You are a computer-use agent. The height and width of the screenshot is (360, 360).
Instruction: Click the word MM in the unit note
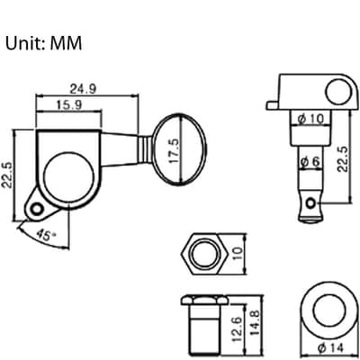(66, 43)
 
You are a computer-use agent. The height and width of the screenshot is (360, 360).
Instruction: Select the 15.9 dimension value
(69, 104)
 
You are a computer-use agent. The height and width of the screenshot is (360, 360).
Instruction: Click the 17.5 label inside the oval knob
(174, 150)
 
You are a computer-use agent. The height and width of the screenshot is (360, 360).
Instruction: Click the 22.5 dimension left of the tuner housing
(6, 175)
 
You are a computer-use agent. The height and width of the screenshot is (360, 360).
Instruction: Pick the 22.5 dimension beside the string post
(342, 159)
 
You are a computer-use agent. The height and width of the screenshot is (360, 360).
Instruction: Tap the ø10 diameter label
(310, 119)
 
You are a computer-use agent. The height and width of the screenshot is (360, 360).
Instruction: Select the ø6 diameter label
(310, 162)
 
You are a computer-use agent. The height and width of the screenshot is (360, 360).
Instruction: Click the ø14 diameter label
(330, 348)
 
